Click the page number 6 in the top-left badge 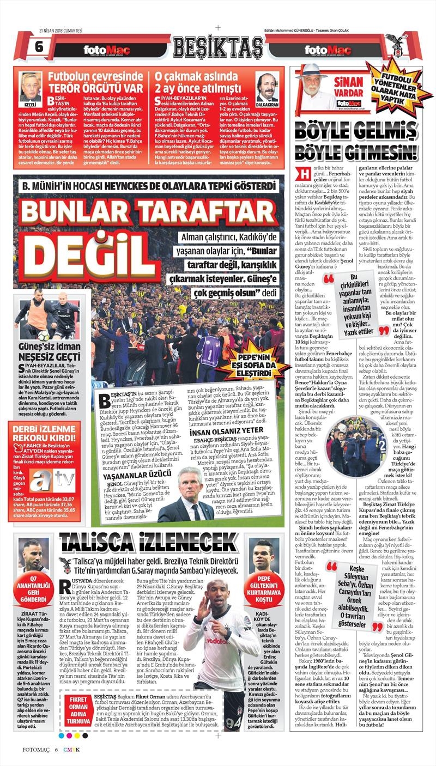39,46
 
